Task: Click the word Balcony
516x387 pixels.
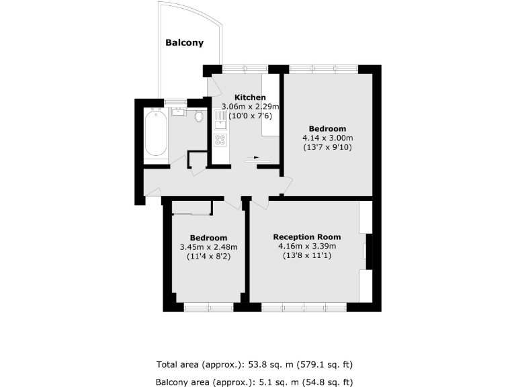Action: tap(185, 42)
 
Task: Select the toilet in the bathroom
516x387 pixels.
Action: tap(198, 117)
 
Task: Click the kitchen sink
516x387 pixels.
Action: tap(220, 122)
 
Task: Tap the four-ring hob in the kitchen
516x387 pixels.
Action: tap(220, 140)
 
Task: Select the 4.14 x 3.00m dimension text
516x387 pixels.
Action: tap(327, 138)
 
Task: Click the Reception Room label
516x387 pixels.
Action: tap(306, 237)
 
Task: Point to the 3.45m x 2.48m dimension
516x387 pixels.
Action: tap(208, 247)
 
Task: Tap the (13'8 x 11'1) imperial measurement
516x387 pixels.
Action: tap(306, 256)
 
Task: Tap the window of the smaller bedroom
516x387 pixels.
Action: tap(208, 307)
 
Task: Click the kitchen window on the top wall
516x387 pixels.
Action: tap(245, 68)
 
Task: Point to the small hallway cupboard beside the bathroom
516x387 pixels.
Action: tap(197, 160)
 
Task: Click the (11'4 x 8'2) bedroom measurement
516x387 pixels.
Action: tap(208, 257)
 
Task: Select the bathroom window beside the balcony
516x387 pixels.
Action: tap(175, 101)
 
